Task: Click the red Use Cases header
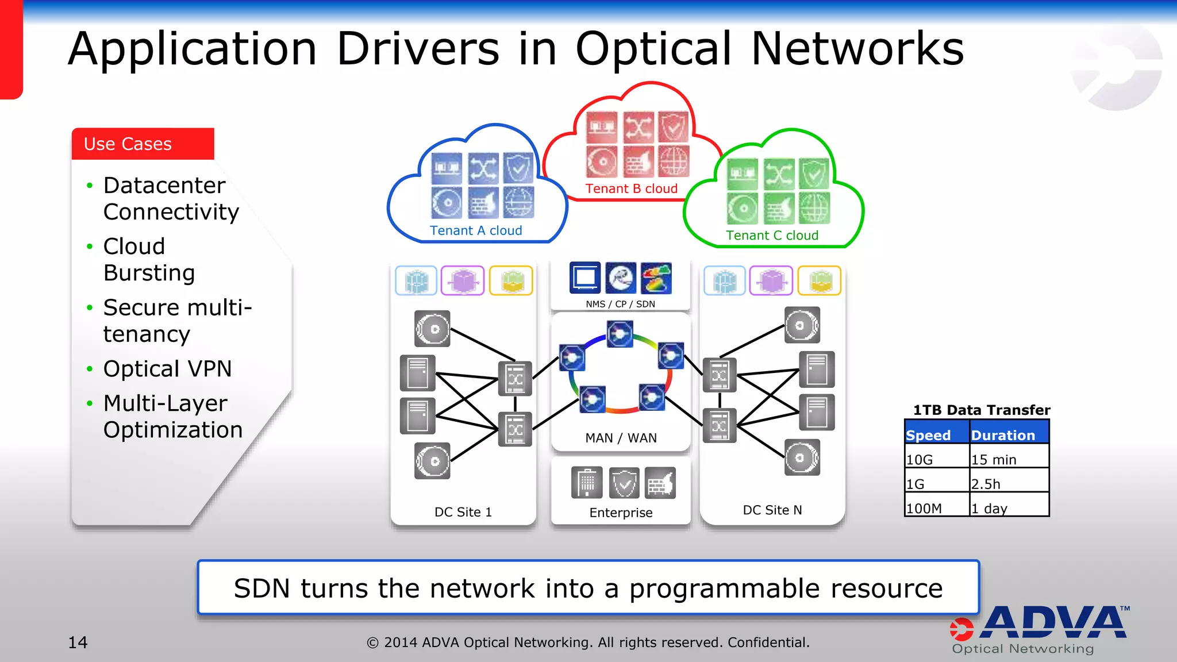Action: pos(143,144)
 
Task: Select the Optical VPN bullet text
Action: pos(167,369)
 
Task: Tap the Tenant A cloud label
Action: pos(476,230)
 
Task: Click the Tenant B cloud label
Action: pos(631,188)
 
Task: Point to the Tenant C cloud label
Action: pos(772,235)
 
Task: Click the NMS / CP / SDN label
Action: pos(620,304)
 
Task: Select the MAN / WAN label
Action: pos(621,438)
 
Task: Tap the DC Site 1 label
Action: pos(463,512)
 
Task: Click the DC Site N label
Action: pos(772,510)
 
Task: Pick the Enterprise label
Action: pos(621,513)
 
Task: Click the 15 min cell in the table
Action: pos(994,459)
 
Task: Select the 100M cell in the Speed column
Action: pos(924,509)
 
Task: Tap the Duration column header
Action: pos(1003,435)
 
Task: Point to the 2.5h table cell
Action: pos(986,484)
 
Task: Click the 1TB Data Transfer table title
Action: pos(981,410)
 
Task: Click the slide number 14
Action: pos(78,642)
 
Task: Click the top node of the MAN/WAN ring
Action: pos(620,334)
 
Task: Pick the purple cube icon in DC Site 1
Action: pos(463,281)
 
